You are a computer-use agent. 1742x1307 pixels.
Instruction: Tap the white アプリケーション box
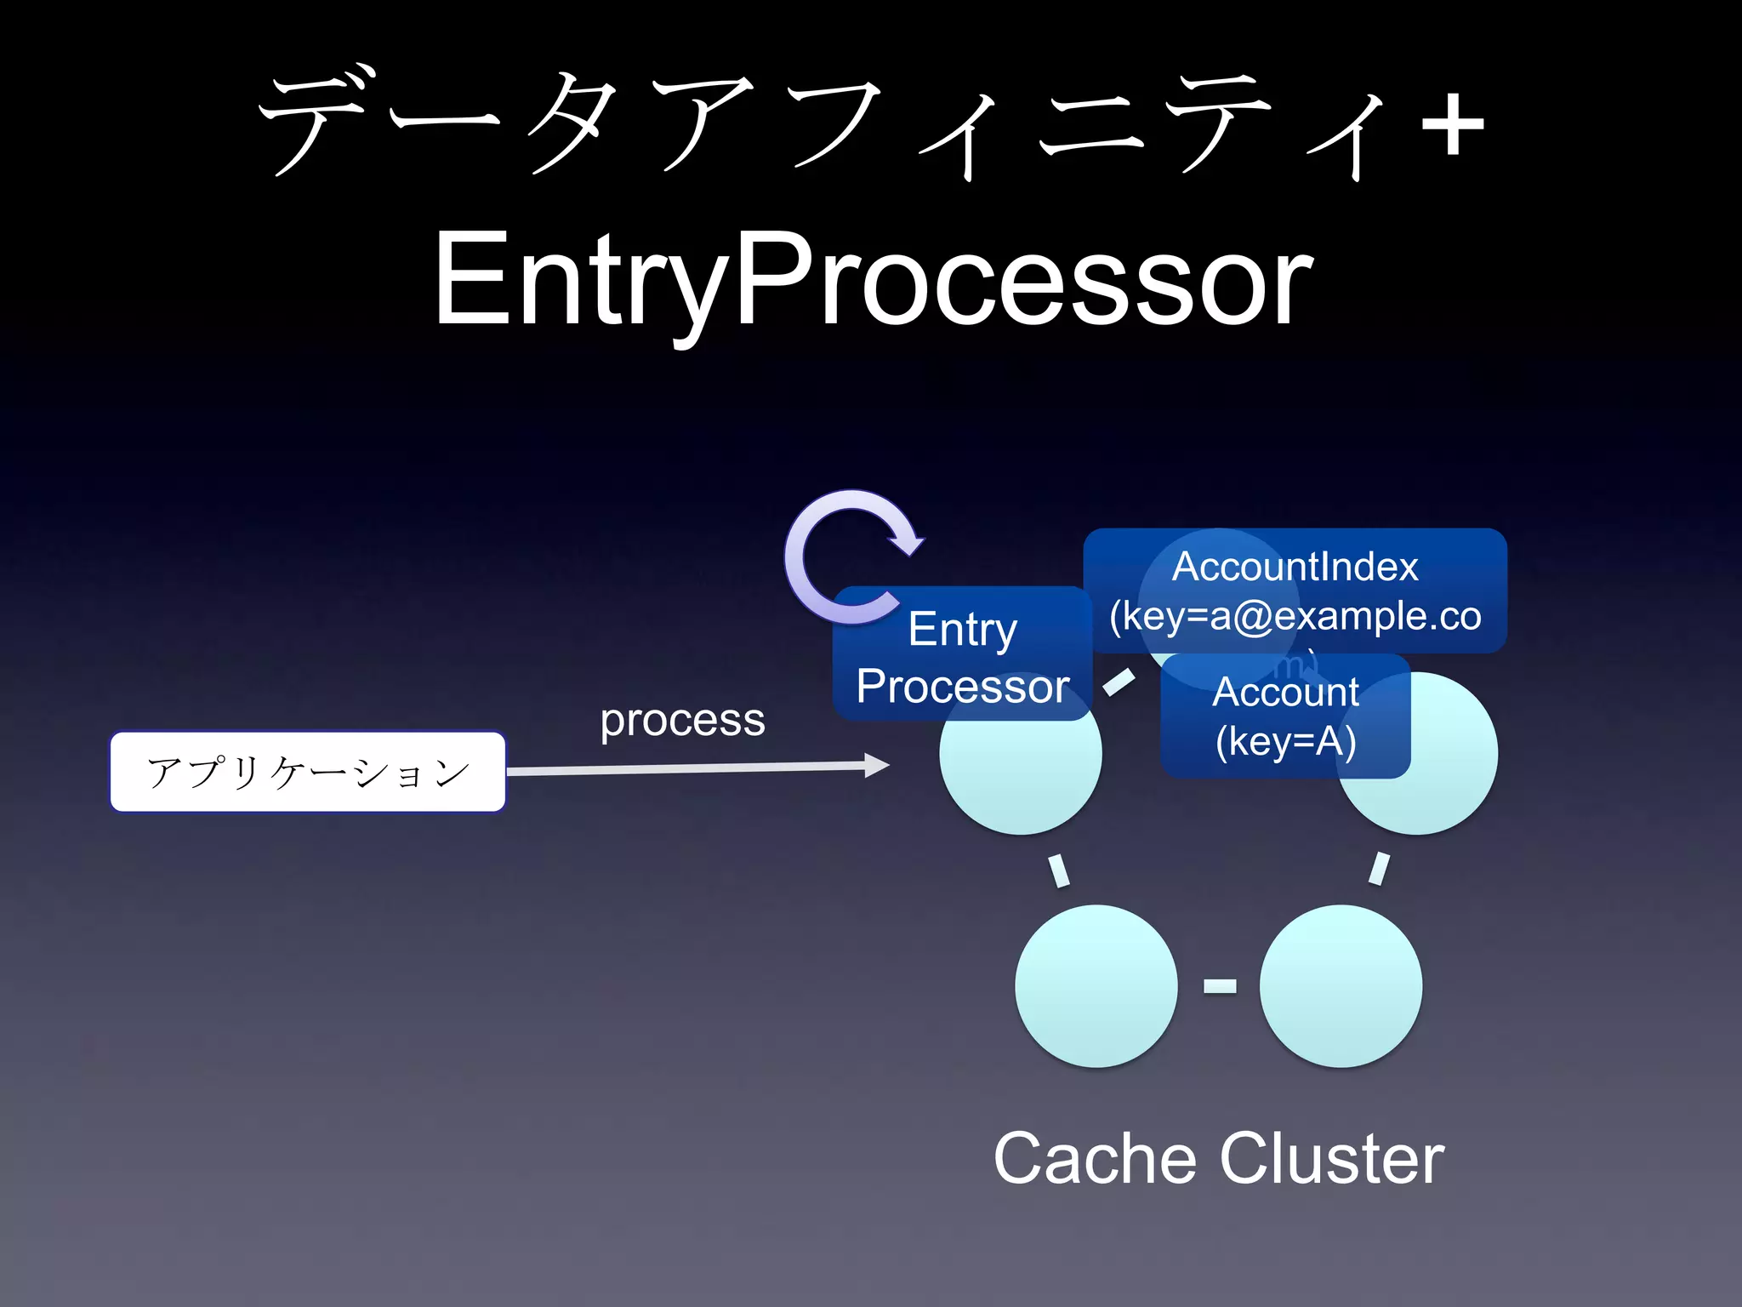[x=308, y=772]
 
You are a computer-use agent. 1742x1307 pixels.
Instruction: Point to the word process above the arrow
[x=682, y=721]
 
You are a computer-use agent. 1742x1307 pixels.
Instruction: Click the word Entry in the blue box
[x=962, y=629]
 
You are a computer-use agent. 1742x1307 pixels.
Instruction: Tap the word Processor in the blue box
[x=962, y=687]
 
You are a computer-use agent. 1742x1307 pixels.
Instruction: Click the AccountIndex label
[x=1295, y=567]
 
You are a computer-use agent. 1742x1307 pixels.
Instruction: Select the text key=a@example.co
[x=1295, y=615]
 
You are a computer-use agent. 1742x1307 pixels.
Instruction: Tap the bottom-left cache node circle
[x=1096, y=985]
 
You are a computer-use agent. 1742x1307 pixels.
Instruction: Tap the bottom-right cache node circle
[x=1341, y=985]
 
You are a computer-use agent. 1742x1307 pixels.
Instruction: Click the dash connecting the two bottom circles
[x=1219, y=985]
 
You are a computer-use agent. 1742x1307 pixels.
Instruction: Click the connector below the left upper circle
[x=1058, y=870]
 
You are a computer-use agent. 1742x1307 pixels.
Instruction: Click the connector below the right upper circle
[x=1379, y=869]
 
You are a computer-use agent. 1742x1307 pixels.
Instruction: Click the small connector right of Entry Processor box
[x=1119, y=682]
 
